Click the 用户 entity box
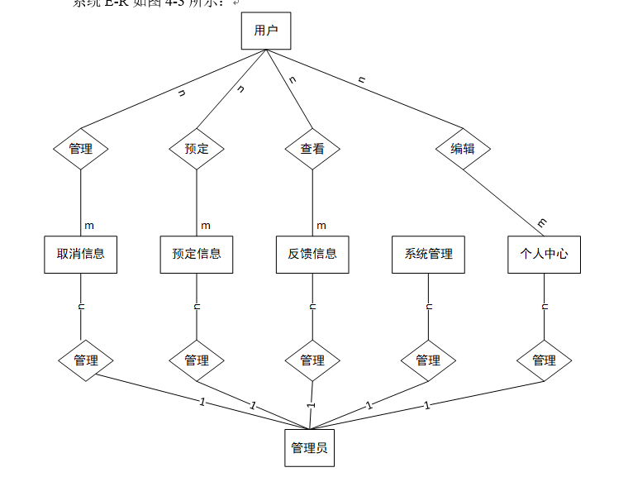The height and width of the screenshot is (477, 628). (265, 31)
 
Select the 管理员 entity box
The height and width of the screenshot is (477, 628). (310, 448)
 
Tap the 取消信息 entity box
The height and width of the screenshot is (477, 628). (80, 255)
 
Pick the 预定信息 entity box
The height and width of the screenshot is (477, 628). (197, 255)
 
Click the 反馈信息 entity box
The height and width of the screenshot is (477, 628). (312, 255)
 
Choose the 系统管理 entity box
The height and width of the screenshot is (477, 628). (428, 255)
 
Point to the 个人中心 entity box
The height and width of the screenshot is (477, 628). (544, 255)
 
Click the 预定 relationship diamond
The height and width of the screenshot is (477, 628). (197, 150)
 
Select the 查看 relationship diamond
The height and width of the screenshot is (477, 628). (312, 150)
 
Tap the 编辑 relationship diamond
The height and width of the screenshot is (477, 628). (463, 150)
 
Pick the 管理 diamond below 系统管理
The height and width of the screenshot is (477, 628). (428, 360)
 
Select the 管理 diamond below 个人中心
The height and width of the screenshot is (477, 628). (544, 360)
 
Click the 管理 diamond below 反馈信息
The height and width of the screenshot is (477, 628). (312, 360)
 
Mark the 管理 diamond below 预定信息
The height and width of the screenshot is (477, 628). (197, 360)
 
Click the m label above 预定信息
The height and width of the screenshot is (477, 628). (206, 226)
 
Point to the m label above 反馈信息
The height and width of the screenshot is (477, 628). (321, 226)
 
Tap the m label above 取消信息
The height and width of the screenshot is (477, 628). (89, 226)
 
